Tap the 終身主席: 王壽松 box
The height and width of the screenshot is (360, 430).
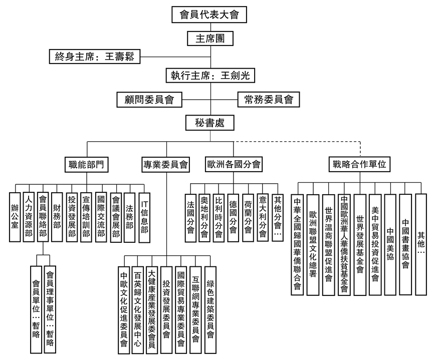point(94,56)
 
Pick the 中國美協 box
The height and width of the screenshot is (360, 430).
point(390,238)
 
